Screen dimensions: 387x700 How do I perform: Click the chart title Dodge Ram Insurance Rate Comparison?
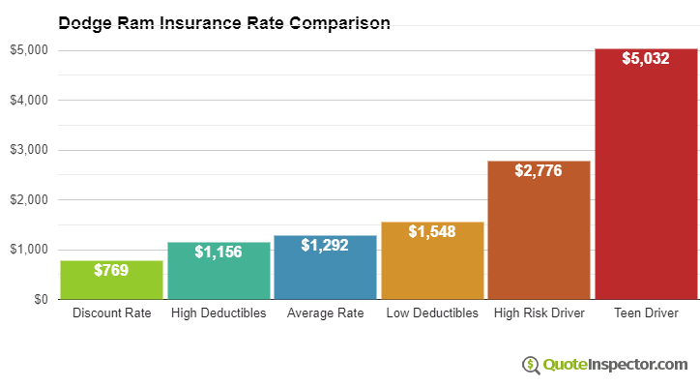224,22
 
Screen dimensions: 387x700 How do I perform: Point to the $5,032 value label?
646,59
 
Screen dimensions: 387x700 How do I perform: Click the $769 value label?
111,270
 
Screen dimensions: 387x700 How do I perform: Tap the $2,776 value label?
539,170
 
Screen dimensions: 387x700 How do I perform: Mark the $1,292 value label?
325,246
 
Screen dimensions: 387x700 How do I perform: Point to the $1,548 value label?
432,232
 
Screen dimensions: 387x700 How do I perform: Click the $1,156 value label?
218,252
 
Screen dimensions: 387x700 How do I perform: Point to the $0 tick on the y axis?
39,299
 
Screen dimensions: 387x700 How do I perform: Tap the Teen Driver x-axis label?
646,313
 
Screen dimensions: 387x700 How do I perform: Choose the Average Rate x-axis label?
325,313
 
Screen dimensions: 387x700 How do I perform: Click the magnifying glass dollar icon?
531,365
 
